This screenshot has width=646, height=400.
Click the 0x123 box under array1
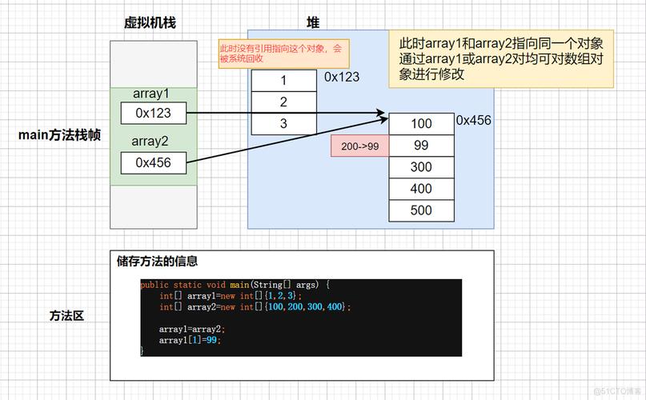[x=153, y=113]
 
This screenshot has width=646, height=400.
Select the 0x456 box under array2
[x=153, y=162]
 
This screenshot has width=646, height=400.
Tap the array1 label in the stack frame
[x=151, y=94]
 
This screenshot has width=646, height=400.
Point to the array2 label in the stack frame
[x=151, y=142]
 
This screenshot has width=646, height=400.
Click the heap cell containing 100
[x=421, y=124]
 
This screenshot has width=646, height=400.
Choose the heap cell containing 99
[x=421, y=146]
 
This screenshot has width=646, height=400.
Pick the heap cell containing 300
[x=421, y=167]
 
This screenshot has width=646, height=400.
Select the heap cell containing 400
[x=421, y=189]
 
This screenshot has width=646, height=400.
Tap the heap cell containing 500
[x=421, y=210]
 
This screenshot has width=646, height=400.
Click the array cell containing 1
[x=283, y=81]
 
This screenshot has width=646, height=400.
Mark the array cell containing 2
[x=283, y=102]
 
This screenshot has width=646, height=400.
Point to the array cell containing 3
[x=283, y=123]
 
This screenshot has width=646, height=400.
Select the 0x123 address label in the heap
[x=342, y=77]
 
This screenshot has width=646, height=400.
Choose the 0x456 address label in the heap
[x=473, y=120]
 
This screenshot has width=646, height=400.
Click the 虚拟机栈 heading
[x=150, y=23]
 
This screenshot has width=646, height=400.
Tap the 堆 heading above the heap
[x=313, y=23]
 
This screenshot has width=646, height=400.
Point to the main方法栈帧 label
[x=59, y=135]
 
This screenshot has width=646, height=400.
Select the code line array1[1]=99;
[x=189, y=340]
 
